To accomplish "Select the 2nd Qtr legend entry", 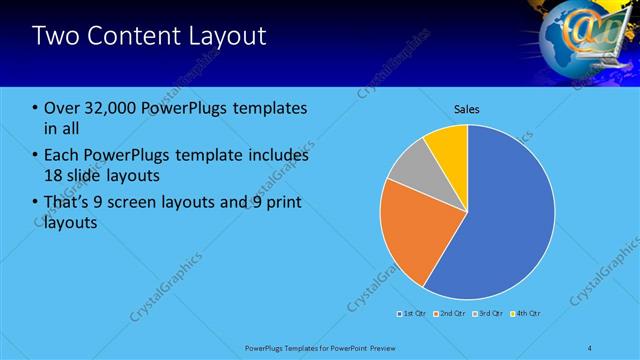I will pyautogui.click(x=450, y=314).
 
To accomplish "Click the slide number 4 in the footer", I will pyautogui.click(x=590, y=347).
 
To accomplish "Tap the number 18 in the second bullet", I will pyautogui.click(x=56, y=176).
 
